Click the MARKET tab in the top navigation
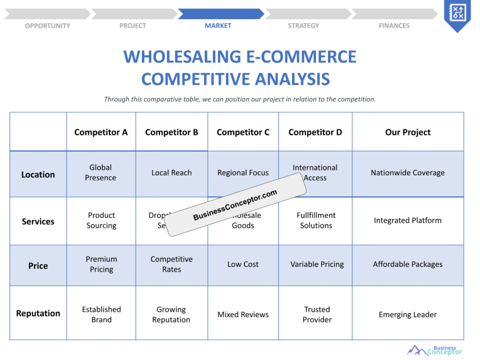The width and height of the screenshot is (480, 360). point(218,26)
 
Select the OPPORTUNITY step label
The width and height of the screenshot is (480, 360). point(47,26)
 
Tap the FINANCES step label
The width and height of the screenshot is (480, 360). point(394,26)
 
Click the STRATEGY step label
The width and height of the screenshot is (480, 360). point(303,26)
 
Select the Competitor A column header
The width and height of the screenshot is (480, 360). point(101,132)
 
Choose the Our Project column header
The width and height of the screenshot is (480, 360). point(407,132)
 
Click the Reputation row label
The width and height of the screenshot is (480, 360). point(38,314)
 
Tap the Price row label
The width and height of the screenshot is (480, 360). point(38,266)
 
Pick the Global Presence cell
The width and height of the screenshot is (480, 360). point(101,172)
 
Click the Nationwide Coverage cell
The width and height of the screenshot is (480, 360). point(407,173)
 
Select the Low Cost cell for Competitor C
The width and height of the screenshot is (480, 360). point(243,264)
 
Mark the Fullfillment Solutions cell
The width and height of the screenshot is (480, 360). point(316,220)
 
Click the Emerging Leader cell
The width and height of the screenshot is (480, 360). point(407,315)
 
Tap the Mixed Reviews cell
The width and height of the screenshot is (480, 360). point(243,315)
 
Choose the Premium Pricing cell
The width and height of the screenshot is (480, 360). point(101,264)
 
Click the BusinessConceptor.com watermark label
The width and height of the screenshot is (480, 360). point(235,204)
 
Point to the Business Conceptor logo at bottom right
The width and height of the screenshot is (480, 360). point(434,350)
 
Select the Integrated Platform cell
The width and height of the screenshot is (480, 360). point(407,220)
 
